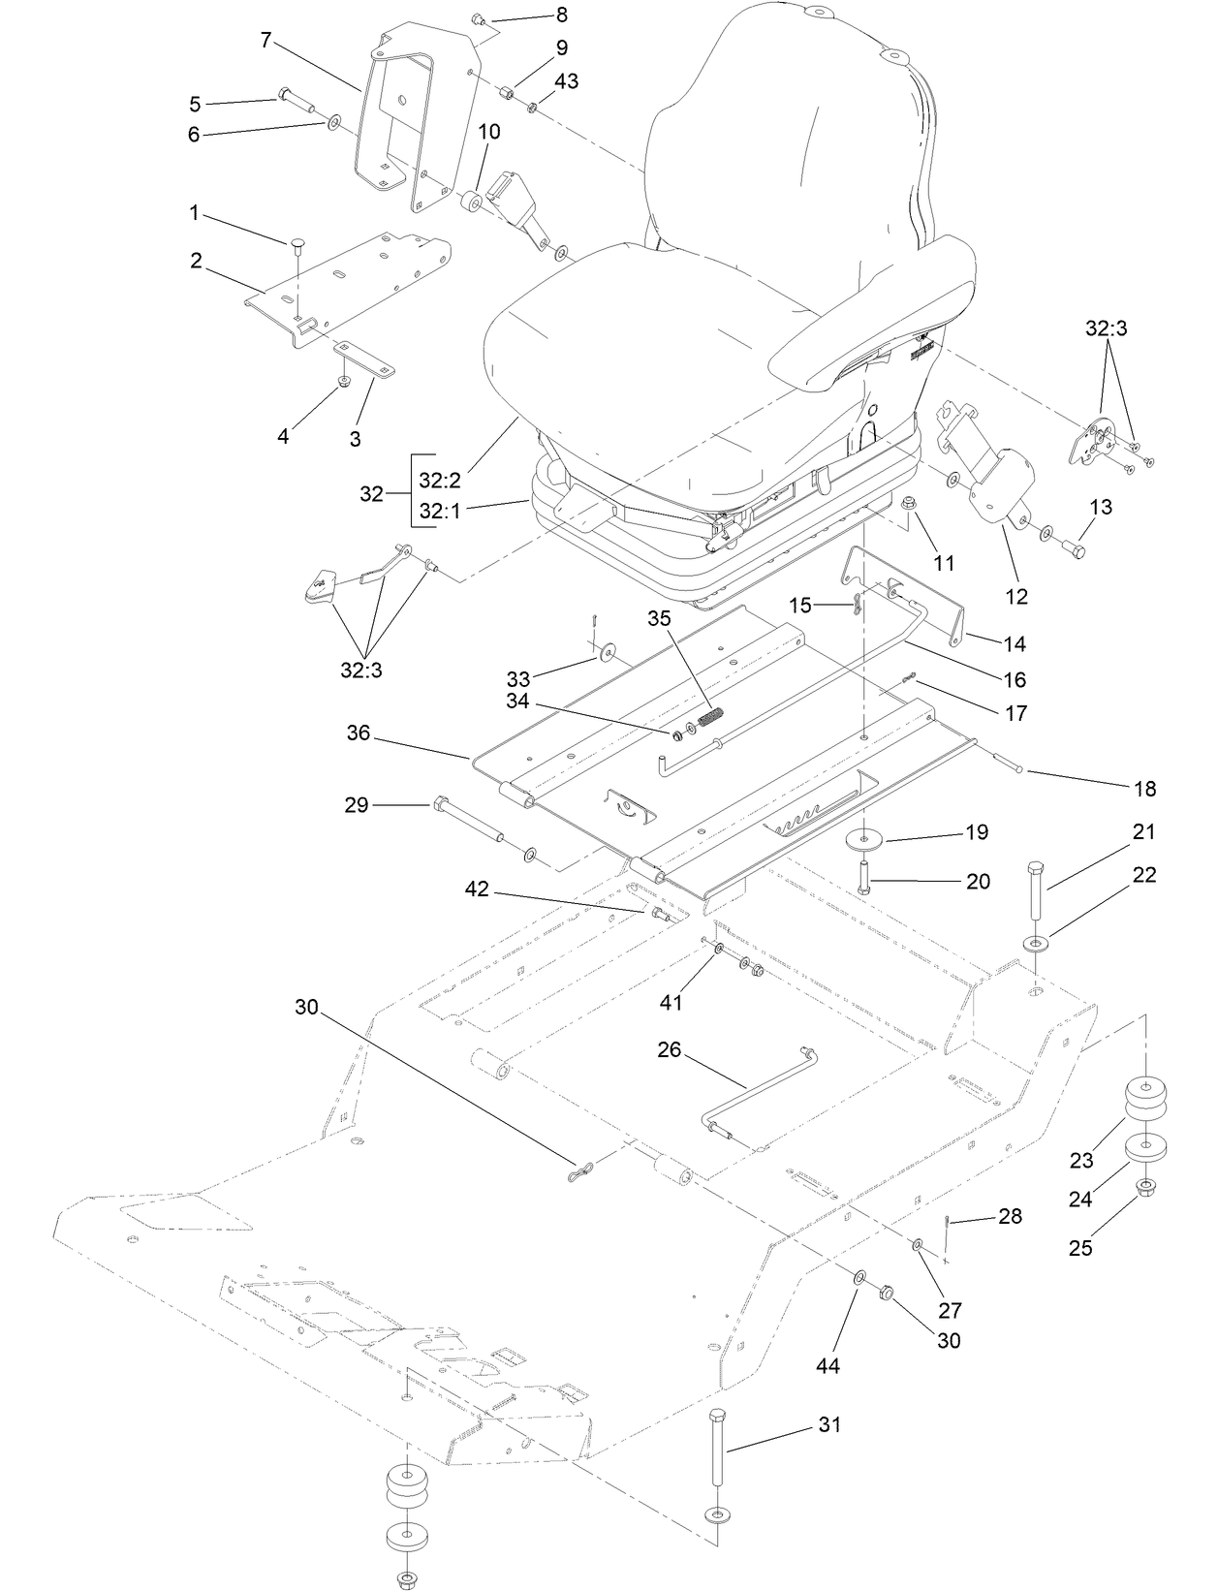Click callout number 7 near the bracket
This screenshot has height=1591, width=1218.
coord(265,40)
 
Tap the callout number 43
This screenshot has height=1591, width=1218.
coord(566,81)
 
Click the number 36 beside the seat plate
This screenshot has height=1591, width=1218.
coord(359,733)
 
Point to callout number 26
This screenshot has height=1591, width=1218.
coord(670,1049)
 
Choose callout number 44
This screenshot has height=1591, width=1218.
coord(827,1366)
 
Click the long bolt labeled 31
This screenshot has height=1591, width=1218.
coord(718,1445)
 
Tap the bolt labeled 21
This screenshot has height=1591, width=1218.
coord(1035,891)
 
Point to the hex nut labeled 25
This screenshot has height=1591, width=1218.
coord(1144,1186)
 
